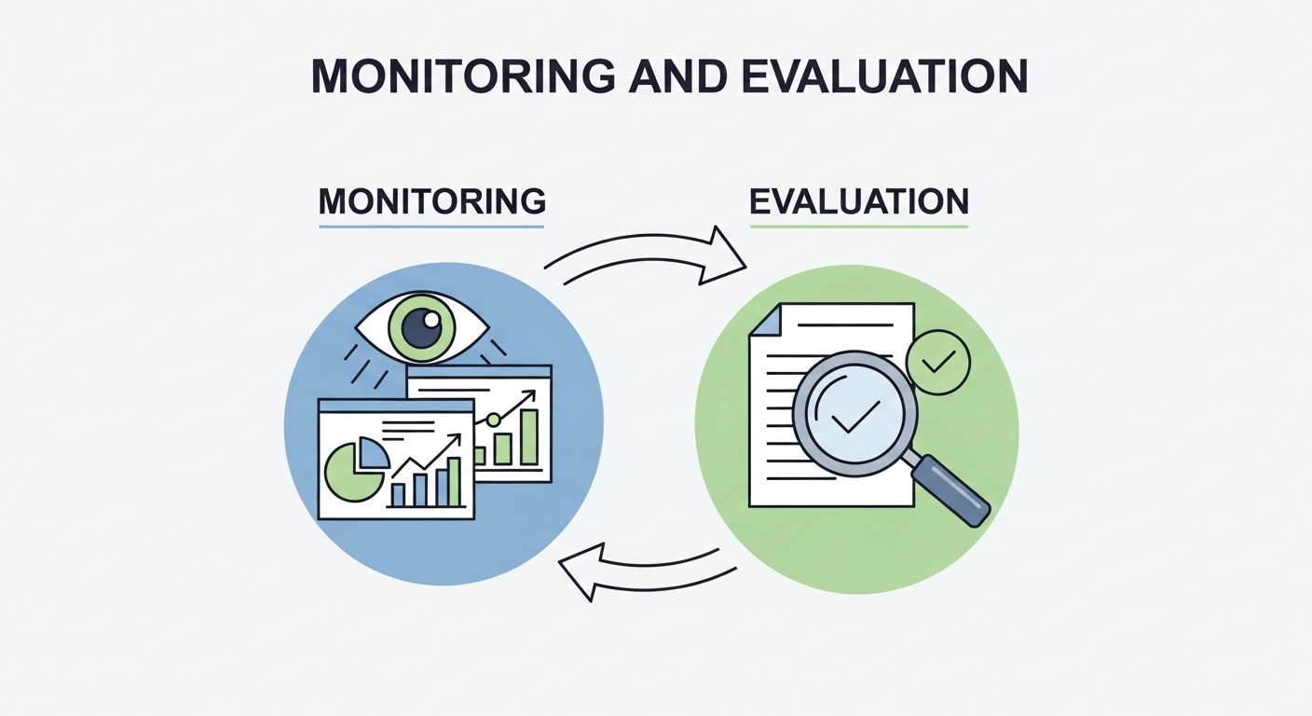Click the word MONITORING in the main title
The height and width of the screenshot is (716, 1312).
[461, 76]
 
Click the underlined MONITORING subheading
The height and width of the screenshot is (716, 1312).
[431, 200]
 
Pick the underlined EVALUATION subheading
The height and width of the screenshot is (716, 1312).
[858, 200]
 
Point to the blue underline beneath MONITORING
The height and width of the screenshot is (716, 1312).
[431, 226]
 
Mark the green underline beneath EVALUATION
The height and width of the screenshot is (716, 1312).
[858, 226]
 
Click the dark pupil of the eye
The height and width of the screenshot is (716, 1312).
[421, 329]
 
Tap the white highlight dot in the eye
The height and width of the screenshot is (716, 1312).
[431, 319]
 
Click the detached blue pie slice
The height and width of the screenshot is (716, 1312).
[374, 452]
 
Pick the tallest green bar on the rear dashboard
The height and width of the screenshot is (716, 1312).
[528, 436]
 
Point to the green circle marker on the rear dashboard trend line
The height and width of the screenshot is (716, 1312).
[493, 420]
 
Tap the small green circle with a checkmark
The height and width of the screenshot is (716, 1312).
[937, 362]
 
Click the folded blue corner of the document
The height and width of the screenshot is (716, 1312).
[763, 322]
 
